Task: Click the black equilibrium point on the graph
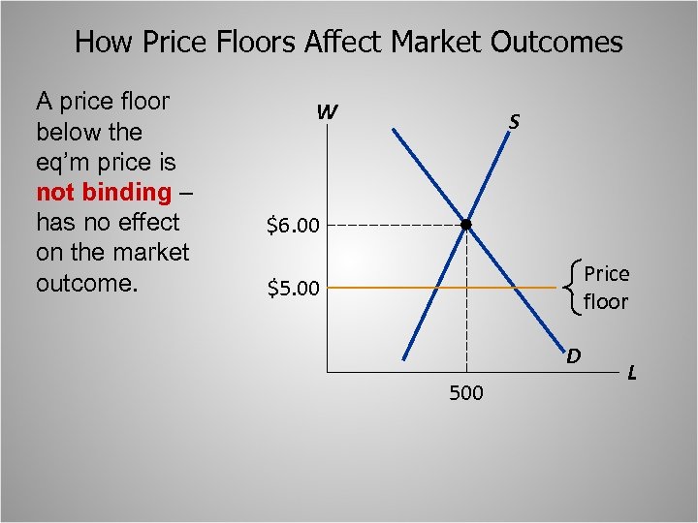(x=466, y=225)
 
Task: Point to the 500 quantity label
(x=467, y=393)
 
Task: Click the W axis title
(x=327, y=113)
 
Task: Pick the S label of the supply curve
(x=514, y=122)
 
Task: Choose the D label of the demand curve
(x=573, y=355)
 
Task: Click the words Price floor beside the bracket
(x=606, y=288)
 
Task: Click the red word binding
(x=126, y=192)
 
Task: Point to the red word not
(x=53, y=192)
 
